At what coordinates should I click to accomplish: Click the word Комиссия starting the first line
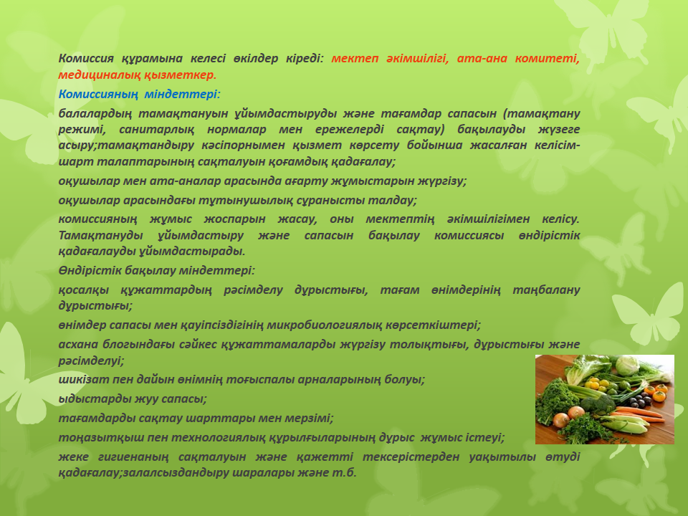tap(86, 58)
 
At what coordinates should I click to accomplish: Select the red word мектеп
tap(355, 58)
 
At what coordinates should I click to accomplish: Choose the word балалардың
tap(95, 114)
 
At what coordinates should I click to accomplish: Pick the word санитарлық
tap(157, 130)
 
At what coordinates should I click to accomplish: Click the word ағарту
tap(305, 181)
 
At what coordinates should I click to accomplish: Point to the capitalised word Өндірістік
tap(90, 270)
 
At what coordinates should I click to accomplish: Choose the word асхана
tap(77, 345)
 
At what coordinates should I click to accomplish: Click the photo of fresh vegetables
tap(605, 399)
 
